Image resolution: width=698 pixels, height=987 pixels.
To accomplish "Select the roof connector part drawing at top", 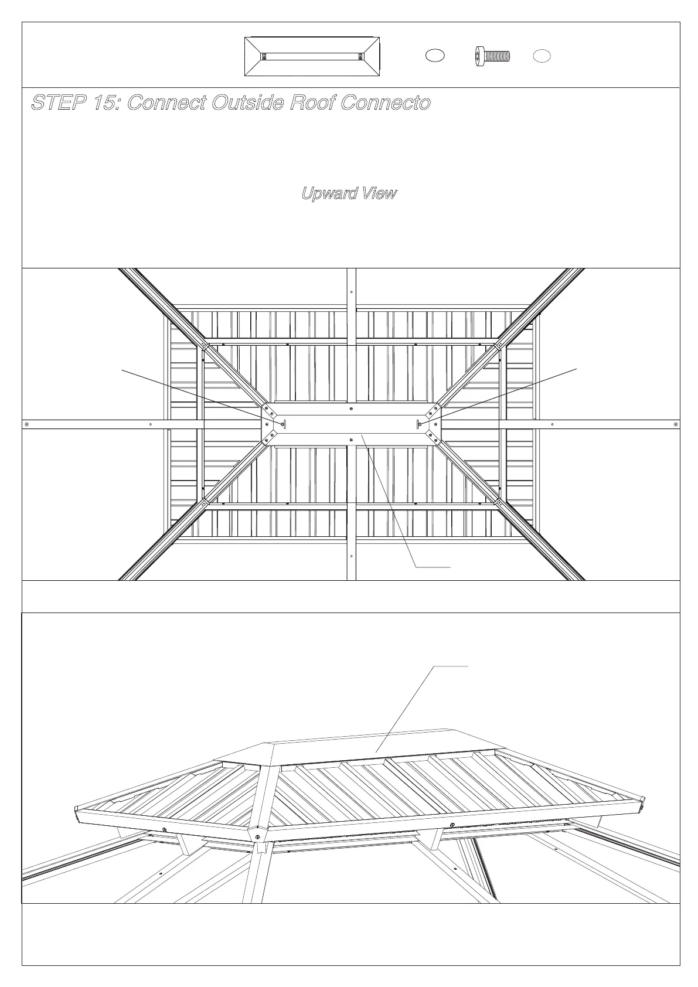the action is tap(312, 56).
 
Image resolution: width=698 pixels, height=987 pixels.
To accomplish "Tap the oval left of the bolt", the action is tap(434, 56).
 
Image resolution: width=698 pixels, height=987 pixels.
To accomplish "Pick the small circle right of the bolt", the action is tap(542, 56).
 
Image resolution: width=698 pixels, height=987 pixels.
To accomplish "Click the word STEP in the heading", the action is tap(58, 103).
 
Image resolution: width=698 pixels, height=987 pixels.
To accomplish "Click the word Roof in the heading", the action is tap(314, 103).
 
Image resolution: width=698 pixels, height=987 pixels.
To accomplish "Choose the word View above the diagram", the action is tap(379, 193).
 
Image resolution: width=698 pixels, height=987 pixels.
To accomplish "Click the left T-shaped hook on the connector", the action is tap(284, 424).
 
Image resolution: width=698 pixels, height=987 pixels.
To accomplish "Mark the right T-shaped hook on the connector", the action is tap(418, 424).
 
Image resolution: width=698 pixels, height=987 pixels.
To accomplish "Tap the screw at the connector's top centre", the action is tap(350, 409).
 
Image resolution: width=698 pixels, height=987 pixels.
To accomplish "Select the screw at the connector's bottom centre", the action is tap(350, 438).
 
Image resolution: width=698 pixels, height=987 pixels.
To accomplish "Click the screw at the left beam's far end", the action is tap(26, 424).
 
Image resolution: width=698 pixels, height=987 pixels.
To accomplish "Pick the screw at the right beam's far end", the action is tap(676, 424).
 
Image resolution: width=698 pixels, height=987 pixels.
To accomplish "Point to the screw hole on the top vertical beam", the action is tap(351, 292).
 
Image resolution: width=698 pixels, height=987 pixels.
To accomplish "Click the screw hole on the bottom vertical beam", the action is tap(351, 556).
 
